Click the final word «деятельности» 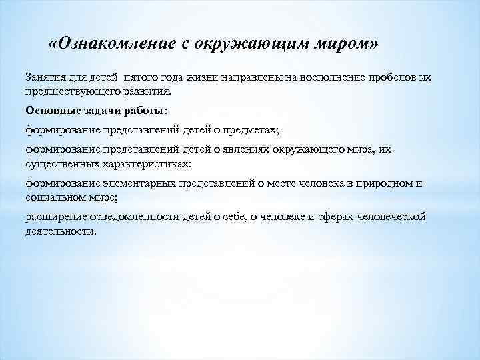click(60, 231)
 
